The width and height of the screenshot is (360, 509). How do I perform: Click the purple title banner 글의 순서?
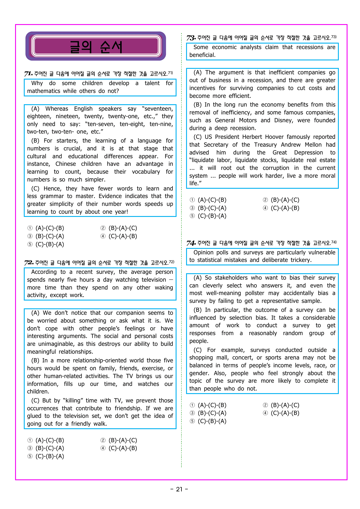point(96,46)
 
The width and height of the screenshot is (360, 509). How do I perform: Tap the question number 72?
point(29,263)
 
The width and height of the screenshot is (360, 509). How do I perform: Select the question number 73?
point(191,38)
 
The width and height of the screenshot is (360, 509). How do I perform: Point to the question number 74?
point(191,243)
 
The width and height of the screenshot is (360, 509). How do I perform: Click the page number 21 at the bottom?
point(179,489)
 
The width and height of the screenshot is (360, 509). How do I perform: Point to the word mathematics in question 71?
point(44,91)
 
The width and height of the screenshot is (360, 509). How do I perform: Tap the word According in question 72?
point(44,272)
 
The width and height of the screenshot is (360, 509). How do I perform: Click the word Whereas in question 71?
point(57,109)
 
